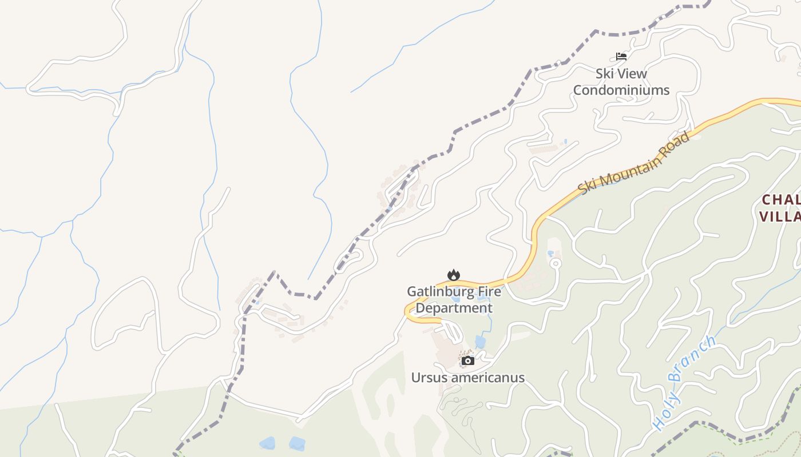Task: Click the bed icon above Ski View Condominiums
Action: pyautogui.click(x=621, y=57)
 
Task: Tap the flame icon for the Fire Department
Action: pyautogui.click(x=454, y=275)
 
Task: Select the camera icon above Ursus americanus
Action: pyautogui.click(x=468, y=360)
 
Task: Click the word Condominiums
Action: pyautogui.click(x=621, y=90)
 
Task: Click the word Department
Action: pyautogui.click(x=454, y=308)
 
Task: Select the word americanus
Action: pyautogui.click(x=486, y=378)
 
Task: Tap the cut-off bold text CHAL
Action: pyautogui.click(x=781, y=200)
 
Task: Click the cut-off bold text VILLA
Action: pyautogui.click(x=780, y=217)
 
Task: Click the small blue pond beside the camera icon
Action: pyautogui.click(x=480, y=342)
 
